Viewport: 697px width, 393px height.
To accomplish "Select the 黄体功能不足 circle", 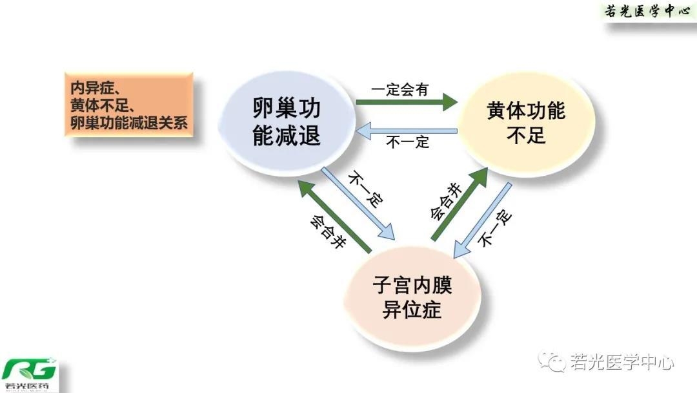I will click(526, 123).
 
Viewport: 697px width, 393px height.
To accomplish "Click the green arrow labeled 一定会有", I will click(407, 101).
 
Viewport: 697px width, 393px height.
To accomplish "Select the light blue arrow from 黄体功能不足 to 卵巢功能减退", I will click(407, 132).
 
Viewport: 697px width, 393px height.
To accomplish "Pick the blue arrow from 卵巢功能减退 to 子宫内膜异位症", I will click(358, 204).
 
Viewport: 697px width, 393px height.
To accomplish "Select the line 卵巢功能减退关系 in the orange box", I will click(129, 122).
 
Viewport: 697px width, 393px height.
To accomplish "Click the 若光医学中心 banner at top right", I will click(649, 12).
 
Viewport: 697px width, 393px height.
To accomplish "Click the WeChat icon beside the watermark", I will click(553, 363).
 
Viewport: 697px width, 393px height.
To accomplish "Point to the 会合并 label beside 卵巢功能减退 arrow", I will click(325, 233).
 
